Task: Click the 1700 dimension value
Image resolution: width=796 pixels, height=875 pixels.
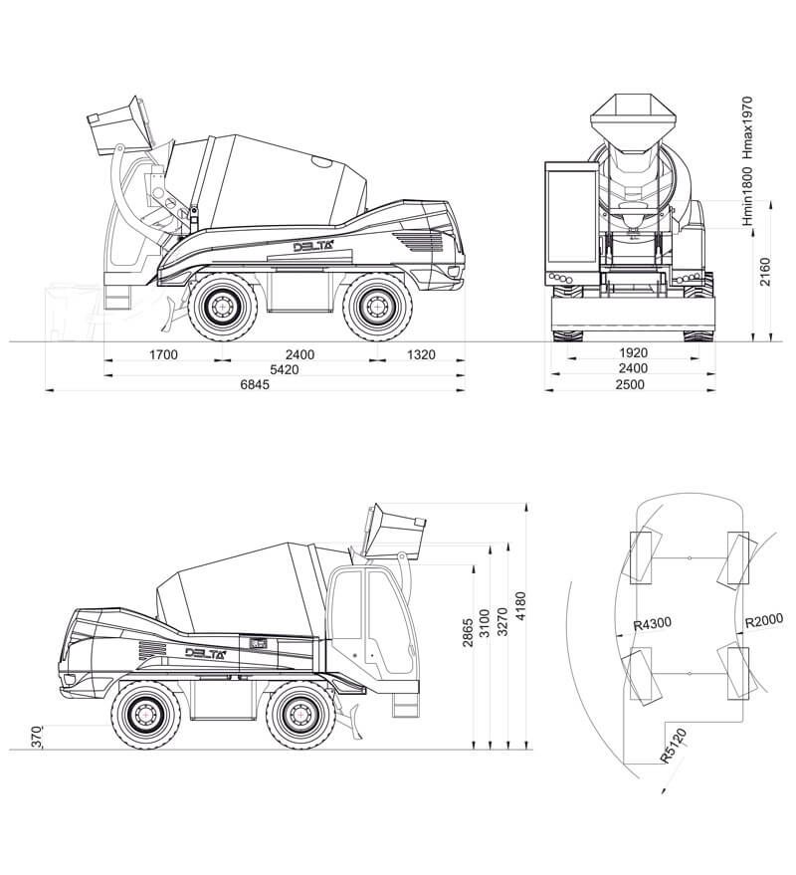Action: (163, 354)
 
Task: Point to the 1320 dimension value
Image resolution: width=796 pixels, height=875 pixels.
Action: (422, 354)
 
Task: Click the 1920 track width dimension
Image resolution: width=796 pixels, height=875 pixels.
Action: (633, 353)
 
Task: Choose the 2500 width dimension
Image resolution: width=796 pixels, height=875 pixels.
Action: (633, 384)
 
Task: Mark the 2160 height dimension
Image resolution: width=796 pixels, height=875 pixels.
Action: (763, 272)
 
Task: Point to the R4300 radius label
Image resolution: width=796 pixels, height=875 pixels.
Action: (653, 623)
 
